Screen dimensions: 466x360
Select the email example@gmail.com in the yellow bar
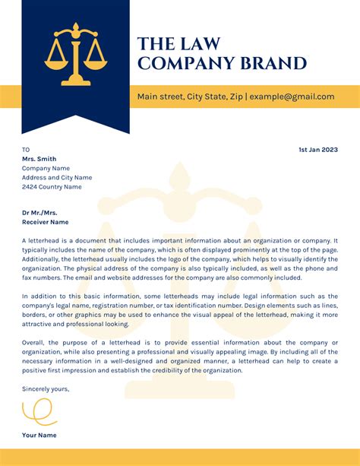tap(292, 97)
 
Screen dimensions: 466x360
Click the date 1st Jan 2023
tap(317, 150)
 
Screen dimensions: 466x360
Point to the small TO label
tap(26, 150)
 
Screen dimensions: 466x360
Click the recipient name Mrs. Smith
tap(39, 159)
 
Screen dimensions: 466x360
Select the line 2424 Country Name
tap(52, 186)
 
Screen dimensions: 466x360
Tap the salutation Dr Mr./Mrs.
tap(39, 213)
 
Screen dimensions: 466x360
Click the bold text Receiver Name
tap(45, 223)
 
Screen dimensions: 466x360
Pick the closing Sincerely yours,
tap(46, 388)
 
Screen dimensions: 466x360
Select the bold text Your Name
tap(39, 435)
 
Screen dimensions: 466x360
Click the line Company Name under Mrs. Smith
tap(46, 168)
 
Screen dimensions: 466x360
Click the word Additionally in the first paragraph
tap(43, 258)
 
